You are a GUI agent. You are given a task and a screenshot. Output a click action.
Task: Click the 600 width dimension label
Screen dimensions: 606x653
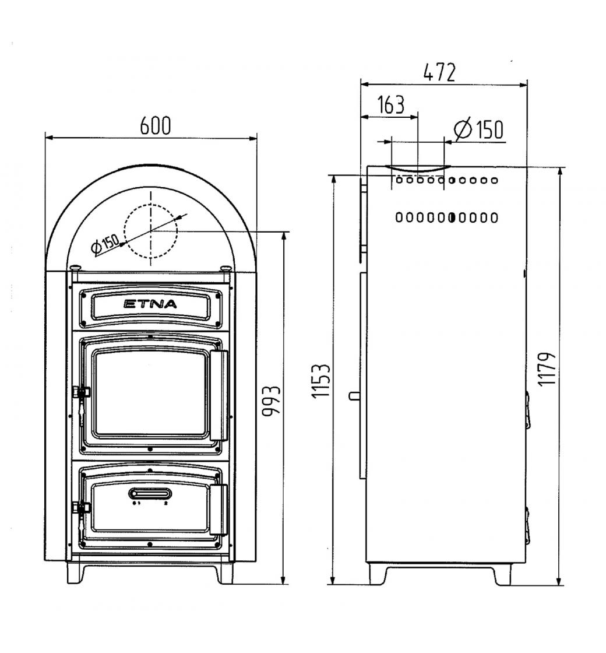click(x=155, y=126)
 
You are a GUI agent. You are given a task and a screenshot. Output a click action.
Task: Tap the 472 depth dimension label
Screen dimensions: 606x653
click(x=439, y=72)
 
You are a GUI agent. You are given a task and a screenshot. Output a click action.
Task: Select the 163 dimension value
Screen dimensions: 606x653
click(x=391, y=104)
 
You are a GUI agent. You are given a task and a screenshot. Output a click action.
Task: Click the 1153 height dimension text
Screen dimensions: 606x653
click(x=321, y=381)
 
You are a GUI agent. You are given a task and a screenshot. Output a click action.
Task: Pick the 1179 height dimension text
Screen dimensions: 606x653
click(x=547, y=370)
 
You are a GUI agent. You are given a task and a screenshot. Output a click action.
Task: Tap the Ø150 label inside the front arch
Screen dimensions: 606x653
click(x=105, y=244)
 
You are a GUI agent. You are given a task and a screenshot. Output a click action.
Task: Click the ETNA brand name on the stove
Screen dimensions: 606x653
click(x=150, y=304)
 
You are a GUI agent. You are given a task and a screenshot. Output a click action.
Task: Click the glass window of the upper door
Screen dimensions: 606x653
click(x=150, y=393)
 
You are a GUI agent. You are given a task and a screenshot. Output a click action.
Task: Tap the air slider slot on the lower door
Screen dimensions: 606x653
click(x=150, y=493)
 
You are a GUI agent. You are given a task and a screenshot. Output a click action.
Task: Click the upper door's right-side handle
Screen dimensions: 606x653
click(x=219, y=395)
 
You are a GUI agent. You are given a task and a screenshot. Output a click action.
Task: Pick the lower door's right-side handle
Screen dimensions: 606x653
click(x=219, y=510)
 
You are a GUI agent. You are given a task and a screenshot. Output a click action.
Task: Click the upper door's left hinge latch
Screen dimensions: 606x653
click(x=81, y=393)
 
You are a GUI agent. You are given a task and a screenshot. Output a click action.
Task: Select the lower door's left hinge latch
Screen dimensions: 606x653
click(x=81, y=508)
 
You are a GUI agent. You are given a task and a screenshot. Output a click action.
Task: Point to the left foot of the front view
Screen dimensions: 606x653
click(x=76, y=574)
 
